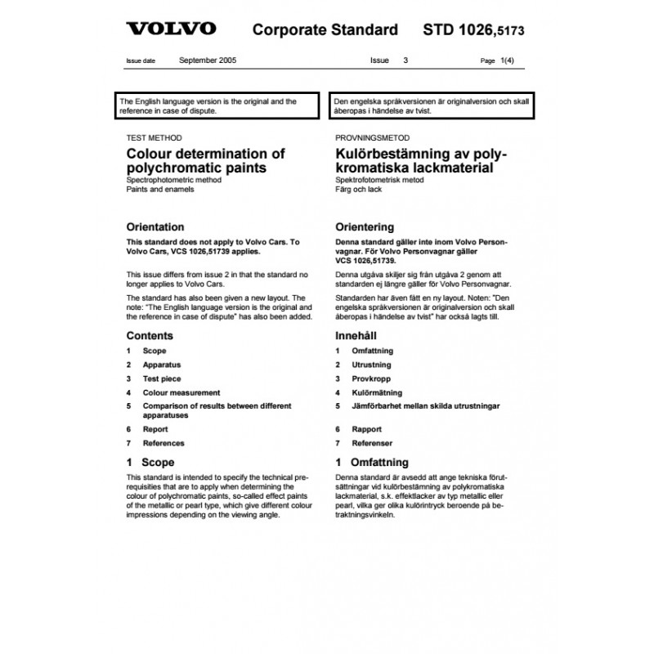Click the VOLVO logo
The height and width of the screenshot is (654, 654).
click(x=170, y=29)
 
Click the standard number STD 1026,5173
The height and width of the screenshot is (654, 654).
click(x=473, y=30)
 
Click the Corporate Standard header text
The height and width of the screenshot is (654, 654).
click(x=325, y=30)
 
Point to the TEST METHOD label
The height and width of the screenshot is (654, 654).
click(x=155, y=138)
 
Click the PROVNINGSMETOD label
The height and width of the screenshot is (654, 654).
click(x=373, y=138)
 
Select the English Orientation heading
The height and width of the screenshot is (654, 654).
click(x=155, y=227)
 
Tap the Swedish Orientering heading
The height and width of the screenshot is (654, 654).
click(x=365, y=227)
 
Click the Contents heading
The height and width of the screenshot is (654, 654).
click(x=150, y=335)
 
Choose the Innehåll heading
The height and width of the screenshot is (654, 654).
click(x=358, y=335)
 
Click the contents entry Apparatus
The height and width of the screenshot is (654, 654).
click(x=161, y=365)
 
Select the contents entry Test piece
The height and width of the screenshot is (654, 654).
click(x=162, y=379)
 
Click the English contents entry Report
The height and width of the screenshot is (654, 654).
click(x=155, y=429)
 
